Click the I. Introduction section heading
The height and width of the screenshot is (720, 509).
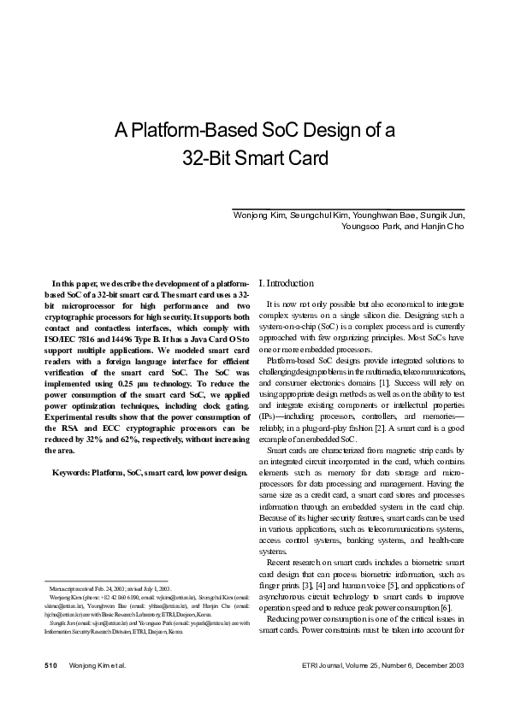[x=286, y=283]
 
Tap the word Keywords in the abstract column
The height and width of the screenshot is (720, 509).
[x=72, y=473]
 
